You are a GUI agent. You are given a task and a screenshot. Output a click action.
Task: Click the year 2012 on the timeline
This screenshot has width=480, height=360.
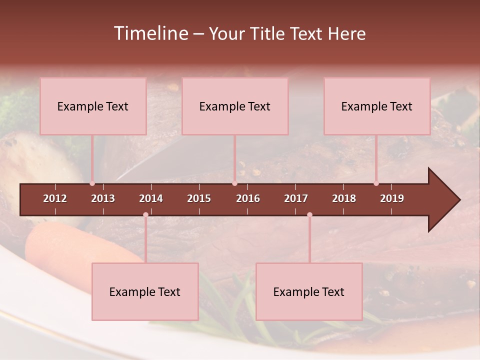click(55, 198)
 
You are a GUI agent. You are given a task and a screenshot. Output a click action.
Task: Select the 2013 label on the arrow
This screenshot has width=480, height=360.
click(103, 198)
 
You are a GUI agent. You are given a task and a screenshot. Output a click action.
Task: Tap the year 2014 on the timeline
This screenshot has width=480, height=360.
click(151, 198)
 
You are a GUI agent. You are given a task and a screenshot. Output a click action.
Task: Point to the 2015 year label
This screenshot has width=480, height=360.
click(199, 198)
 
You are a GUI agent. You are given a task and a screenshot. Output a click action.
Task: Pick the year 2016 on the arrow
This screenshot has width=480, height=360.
click(248, 198)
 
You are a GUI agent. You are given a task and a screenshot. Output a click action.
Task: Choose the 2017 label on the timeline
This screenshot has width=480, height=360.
click(296, 198)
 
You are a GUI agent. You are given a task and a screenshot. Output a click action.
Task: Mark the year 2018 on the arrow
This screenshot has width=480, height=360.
click(344, 198)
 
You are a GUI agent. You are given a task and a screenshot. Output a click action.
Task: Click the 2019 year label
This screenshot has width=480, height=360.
click(392, 198)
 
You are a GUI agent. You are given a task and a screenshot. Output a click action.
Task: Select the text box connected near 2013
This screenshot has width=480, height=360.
click(93, 106)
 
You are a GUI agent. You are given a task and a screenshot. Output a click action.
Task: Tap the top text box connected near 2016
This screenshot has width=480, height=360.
click(235, 106)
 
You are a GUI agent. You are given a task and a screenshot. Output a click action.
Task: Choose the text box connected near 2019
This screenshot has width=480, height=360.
click(377, 106)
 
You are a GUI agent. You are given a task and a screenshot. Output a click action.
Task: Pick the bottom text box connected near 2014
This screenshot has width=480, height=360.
click(145, 291)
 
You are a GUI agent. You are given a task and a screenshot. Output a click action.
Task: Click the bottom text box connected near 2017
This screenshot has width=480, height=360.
click(309, 291)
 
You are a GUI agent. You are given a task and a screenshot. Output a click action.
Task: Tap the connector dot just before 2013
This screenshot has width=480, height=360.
click(92, 183)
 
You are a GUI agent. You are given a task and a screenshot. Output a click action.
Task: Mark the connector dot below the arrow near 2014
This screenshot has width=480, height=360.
click(145, 215)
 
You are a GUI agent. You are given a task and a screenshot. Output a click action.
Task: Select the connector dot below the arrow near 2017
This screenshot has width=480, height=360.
click(309, 215)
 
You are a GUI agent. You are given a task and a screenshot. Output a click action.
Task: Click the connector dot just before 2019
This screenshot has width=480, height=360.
click(376, 183)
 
